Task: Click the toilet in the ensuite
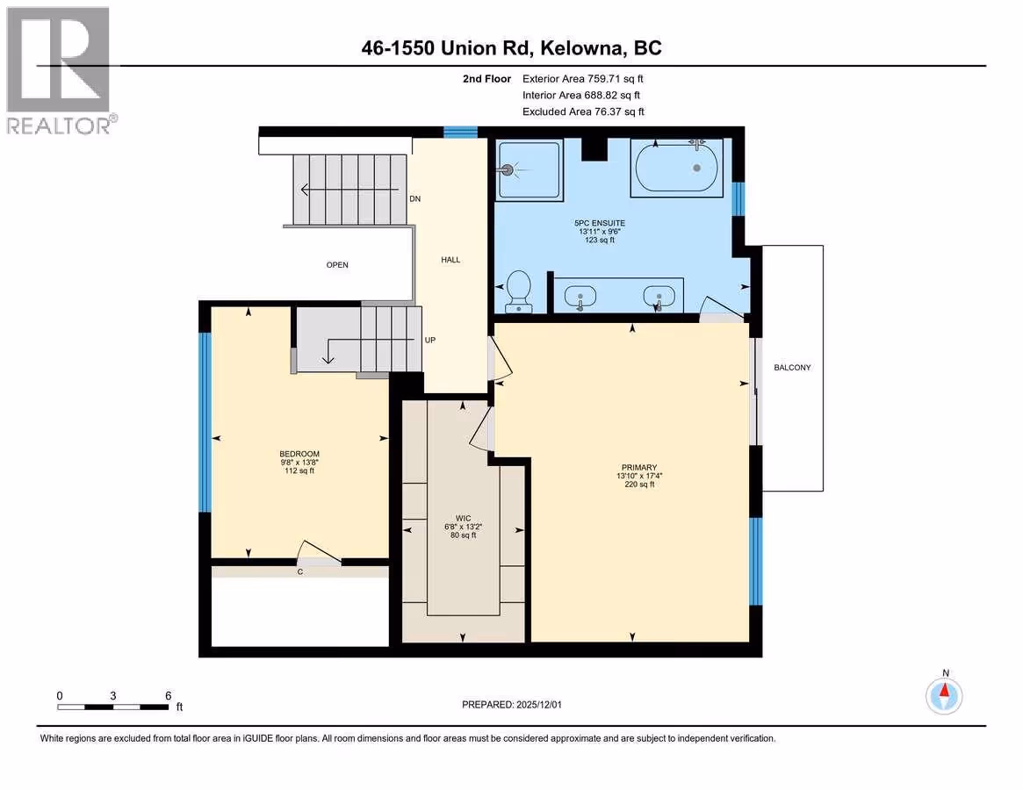point(519,291)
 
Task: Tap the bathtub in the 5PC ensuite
point(676,168)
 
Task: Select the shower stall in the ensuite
point(530,169)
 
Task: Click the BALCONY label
point(792,368)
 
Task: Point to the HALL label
point(450,260)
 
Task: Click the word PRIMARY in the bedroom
point(638,468)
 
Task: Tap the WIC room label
point(464,519)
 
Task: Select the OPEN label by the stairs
point(337,265)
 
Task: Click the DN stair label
point(415,199)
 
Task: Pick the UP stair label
point(430,340)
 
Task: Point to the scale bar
point(113,707)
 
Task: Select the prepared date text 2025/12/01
point(539,705)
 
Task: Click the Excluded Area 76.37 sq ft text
point(583,111)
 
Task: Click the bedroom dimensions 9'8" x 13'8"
point(299,463)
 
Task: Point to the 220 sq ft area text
point(639,485)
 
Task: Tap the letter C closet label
point(300,572)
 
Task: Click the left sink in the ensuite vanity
point(580,297)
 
